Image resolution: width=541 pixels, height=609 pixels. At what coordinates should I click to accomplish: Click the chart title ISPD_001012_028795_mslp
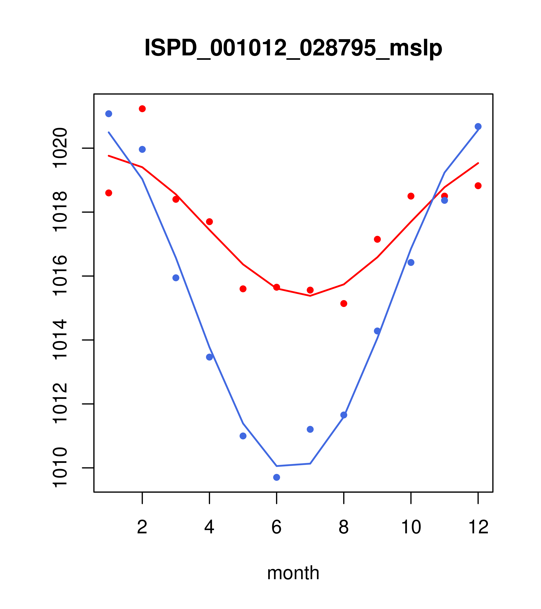(293, 48)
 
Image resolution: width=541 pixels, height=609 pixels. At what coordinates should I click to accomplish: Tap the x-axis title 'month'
(293, 573)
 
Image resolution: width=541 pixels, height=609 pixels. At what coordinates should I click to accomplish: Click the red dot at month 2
(142, 109)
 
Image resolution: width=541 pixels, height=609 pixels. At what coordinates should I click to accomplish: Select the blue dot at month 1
(109, 114)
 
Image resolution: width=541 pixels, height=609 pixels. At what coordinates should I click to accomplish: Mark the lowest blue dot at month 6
(277, 477)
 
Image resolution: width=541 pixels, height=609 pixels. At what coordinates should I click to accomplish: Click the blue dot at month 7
(310, 429)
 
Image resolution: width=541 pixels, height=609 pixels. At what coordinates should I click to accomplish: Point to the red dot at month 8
(344, 303)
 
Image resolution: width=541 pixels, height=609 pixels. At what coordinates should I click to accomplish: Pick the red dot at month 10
(411, 196)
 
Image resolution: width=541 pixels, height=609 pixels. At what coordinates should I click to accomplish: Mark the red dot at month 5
(243, 289)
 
